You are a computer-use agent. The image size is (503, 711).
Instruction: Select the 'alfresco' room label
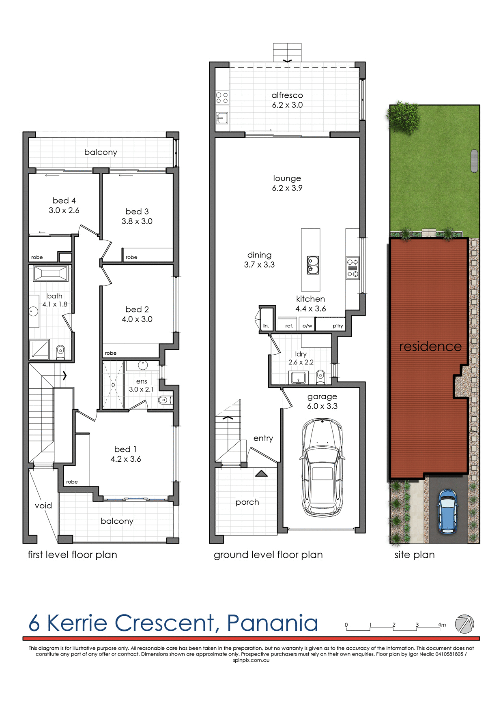point(287,95)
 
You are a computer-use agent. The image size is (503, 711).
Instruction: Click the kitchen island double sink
point(313,265)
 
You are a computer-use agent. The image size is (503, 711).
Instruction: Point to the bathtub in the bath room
point(51,273)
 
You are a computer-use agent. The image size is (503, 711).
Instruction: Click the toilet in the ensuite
point(164,400)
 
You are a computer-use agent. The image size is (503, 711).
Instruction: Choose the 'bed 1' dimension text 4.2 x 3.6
point(126,459)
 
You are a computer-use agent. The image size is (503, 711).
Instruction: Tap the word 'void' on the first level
point(43,505)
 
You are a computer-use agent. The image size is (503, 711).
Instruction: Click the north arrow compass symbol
point(464,624)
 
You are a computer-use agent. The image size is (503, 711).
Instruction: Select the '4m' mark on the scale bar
point(442,625)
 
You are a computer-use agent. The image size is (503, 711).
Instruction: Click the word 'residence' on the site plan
point(430,347)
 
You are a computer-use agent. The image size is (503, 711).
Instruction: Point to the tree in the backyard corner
point(403,117)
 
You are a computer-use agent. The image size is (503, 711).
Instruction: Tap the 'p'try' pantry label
point(337,326)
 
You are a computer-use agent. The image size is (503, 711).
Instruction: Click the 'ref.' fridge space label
point(289,326)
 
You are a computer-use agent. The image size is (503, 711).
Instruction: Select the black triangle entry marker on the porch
point(261,473)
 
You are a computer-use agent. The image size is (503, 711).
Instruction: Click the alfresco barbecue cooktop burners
point(222,98)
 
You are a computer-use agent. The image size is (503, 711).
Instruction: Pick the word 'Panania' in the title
point(272,623)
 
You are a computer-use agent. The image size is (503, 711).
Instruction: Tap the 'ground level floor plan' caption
point(268,555)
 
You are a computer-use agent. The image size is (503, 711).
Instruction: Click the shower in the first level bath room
point(39,349)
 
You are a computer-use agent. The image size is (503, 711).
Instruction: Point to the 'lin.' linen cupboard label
point(266,326)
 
